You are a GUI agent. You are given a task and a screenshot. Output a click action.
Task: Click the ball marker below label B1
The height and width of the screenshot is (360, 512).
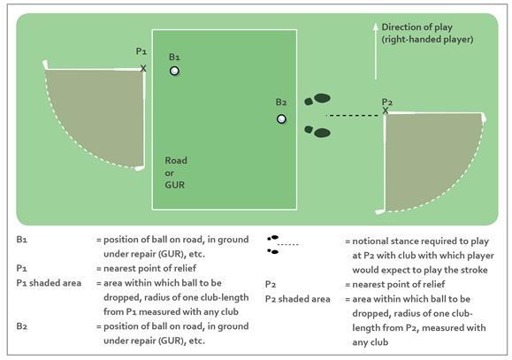(x=174, y=71)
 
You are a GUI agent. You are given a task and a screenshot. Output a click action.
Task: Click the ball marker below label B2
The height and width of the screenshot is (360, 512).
(x=281, y=119)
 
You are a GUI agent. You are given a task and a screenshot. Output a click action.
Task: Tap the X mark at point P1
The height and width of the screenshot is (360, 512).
(x=143, y=68)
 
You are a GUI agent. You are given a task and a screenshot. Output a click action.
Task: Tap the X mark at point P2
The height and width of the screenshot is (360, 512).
(x=386, y=111)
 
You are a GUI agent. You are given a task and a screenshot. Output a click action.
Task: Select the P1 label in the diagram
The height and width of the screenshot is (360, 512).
(x=141, y=51)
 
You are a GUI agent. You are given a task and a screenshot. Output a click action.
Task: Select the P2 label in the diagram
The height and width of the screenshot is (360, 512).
(x=387, y=102)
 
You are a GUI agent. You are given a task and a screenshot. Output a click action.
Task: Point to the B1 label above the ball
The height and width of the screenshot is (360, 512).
(x=174, y=57)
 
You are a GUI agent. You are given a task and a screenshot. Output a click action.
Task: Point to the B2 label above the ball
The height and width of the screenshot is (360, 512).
(x=281, y=102)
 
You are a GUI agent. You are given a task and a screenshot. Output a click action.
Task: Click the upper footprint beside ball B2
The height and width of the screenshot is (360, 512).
(x=317, y=99)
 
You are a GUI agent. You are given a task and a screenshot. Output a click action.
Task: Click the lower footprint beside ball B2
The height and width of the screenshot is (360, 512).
(x=317, y=131)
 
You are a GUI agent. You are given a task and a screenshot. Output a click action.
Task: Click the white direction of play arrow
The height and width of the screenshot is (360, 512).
(x=376, y=51)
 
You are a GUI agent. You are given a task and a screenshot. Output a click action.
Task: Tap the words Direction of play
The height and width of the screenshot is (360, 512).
(x=417, y=27)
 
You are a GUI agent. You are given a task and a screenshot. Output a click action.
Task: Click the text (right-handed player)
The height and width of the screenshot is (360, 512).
(x=427, y=40)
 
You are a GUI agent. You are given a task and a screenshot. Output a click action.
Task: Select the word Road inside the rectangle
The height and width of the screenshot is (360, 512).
(x=176, y=160)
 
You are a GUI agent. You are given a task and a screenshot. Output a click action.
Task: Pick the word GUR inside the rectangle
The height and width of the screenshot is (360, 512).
(x=175, y=185)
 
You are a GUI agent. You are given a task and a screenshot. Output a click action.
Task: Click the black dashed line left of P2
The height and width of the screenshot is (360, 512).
(x=354, y=115)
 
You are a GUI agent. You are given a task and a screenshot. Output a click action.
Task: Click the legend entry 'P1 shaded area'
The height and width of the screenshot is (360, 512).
(x=49, y=283)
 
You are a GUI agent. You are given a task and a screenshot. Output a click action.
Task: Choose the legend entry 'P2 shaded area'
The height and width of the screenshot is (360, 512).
(x=297, y=299)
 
